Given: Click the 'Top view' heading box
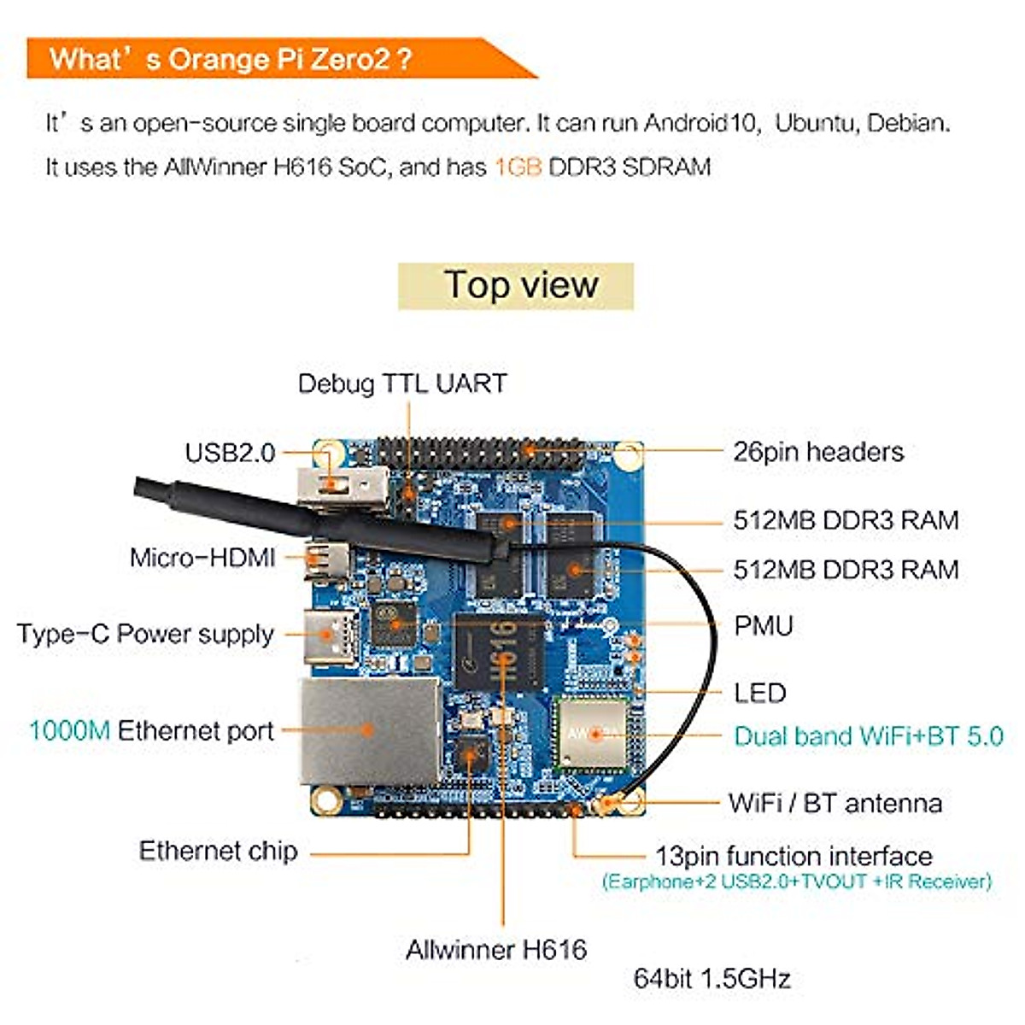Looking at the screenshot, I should (516, 285).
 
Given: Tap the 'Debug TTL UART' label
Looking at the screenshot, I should (402, 384).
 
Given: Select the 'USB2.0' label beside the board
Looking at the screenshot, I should (230, 453).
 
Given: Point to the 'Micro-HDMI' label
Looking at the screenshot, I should (202, 558).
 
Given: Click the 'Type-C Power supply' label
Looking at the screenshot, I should (145, 634).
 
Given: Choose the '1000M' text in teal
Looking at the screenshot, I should (69, 731).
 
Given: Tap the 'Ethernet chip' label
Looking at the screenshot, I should (218, 851).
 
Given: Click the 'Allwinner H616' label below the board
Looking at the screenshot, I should (496, 949).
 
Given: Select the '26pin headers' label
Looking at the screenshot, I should (817, 452).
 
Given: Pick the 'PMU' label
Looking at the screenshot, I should (764, 626).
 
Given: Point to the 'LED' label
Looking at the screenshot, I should (759, 693).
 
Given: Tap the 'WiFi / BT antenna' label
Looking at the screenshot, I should (835, 803).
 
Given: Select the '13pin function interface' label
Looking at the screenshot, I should (794, 856).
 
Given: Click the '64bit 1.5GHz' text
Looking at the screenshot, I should (712, 978).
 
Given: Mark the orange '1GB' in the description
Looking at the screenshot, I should (518, 167).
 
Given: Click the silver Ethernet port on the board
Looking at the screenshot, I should (370, 730).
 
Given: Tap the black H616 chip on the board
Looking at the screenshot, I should (499, 651).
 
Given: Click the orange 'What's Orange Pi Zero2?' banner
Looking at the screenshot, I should (256, 59).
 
